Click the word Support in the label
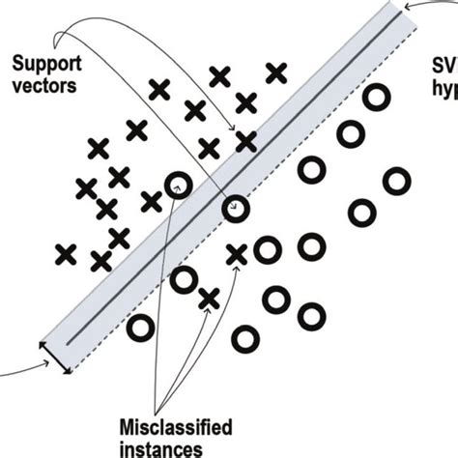click(44, 66)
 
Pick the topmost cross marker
click(276, 71)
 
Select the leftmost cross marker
click(66, 254)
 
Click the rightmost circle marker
click(396, 181)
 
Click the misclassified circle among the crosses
click(177, 185)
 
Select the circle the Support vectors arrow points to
click(236, 208)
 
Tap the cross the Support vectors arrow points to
click(245, 141)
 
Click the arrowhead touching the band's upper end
click(404, 7)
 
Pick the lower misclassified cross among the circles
click(208, 299)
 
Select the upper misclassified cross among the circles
click(237, 255)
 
